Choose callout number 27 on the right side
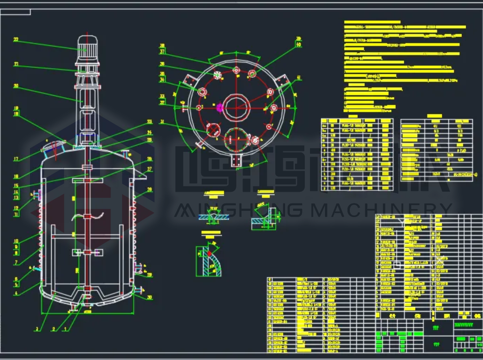click(150, 169)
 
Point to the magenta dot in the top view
click(219, 107)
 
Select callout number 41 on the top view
click(299, 78)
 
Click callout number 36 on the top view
click(162, 64)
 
